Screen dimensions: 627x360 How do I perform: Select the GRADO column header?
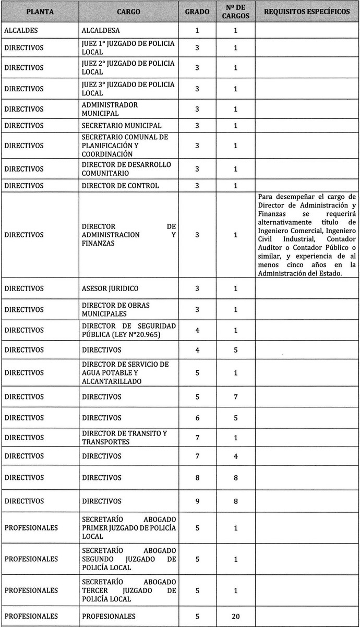pyautogui.click(x=197, y=11)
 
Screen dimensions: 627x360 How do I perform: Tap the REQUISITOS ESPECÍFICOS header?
pyautogui.click(x=307, y=11)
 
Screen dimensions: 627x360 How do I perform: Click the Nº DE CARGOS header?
pyautogui.click(x=236, y=11)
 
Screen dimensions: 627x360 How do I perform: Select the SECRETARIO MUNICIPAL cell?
pyautogui.click(x=122, y=125)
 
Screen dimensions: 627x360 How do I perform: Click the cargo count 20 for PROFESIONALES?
pyautogui.click(x=236, y=616)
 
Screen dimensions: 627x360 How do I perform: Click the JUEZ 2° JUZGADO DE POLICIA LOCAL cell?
pyautogui.click(x=128, y=68)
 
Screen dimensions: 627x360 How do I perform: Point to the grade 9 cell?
pyautogui.click(x=197, y=501)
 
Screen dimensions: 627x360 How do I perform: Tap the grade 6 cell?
pyautogui.click(x=197, y=418)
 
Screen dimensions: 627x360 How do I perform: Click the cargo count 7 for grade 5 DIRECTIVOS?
pyautogui.click(x=236, y=397)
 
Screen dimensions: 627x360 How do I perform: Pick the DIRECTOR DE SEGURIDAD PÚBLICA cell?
pyautogui.click(x=129, y=330)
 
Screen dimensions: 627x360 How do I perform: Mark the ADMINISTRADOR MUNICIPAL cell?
pyautogui.click(x=110, y=109)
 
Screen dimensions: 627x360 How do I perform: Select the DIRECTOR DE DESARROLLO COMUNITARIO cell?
pyautogui.click(x=127, y=169)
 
